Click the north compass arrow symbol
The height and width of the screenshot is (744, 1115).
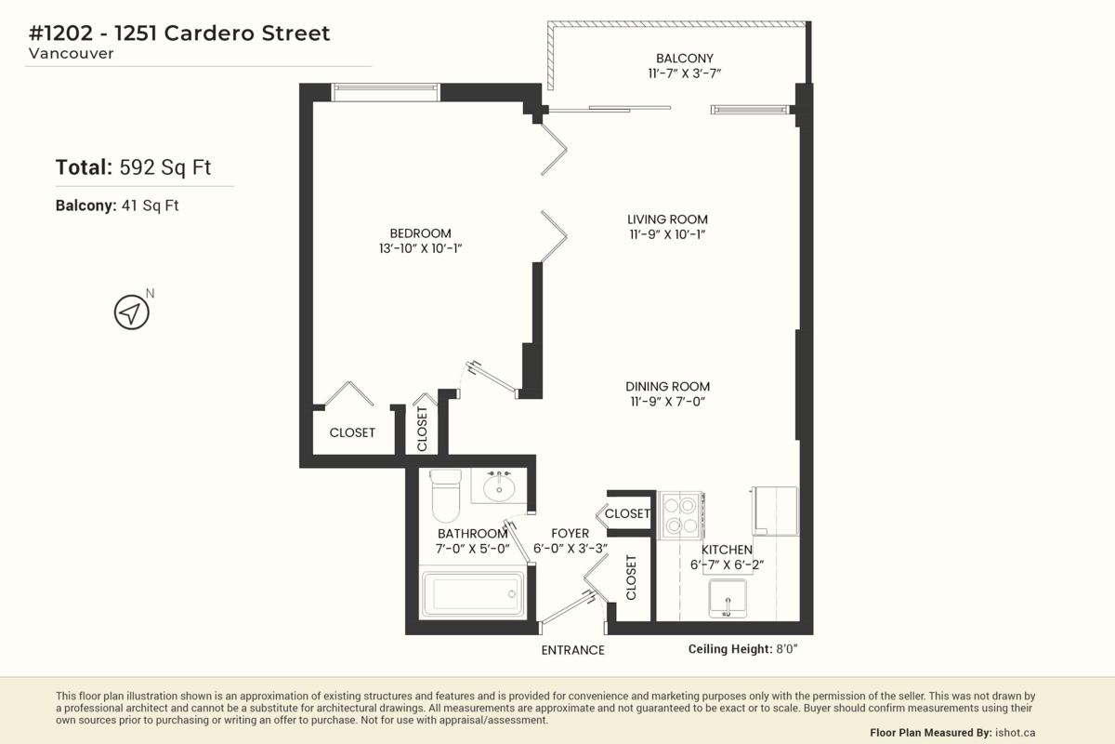pyautogui.click(x=131, y=312)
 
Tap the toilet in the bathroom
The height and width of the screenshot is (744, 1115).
pyautogui.click(x=445, y=495)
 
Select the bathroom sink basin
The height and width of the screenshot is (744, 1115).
pyautogui.click(x=499, y=486)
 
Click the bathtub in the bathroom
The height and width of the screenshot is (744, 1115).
pyautogui.click(x=473, y=593)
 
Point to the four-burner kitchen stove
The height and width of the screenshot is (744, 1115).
pyautogui.click(x=680, y=515)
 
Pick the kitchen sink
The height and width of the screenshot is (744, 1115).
pyautogui.click(x=728, y=598)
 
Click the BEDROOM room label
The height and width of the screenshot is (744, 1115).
pyautogui.click(x=421, y=233)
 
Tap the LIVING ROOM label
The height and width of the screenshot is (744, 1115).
pyautogui.click(x=667, y=219)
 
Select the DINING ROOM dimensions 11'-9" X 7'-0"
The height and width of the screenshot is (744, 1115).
pyautogui.click(x=668, y=401)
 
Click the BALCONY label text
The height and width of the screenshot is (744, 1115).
pyautogui.click(x=685, y=59)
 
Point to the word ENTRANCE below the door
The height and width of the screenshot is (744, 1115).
pyautogui.click(x=573, y=650)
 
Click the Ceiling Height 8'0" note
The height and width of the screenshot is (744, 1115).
pyautogui.click(x=742, y=649)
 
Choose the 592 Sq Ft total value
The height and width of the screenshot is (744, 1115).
pyautogui.click(x=165, y=167)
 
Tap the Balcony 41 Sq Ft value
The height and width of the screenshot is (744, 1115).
pyautogui.click(x=150, y=206)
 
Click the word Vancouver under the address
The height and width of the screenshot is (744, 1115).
pyautogui.click(x=72, y=53)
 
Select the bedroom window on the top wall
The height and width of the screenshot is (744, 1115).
pyautogui.click(x=386, y=93)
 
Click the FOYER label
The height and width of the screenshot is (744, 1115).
pyautogui.click(x=570, y=533)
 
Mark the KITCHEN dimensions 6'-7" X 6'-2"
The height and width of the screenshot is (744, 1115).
pyautogui.click(x=727, y=565)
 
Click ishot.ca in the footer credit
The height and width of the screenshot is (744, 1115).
pyautogui.click(x=1015, y=733)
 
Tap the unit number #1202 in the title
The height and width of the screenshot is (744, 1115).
pyautogui.click(x=60, y=33)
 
